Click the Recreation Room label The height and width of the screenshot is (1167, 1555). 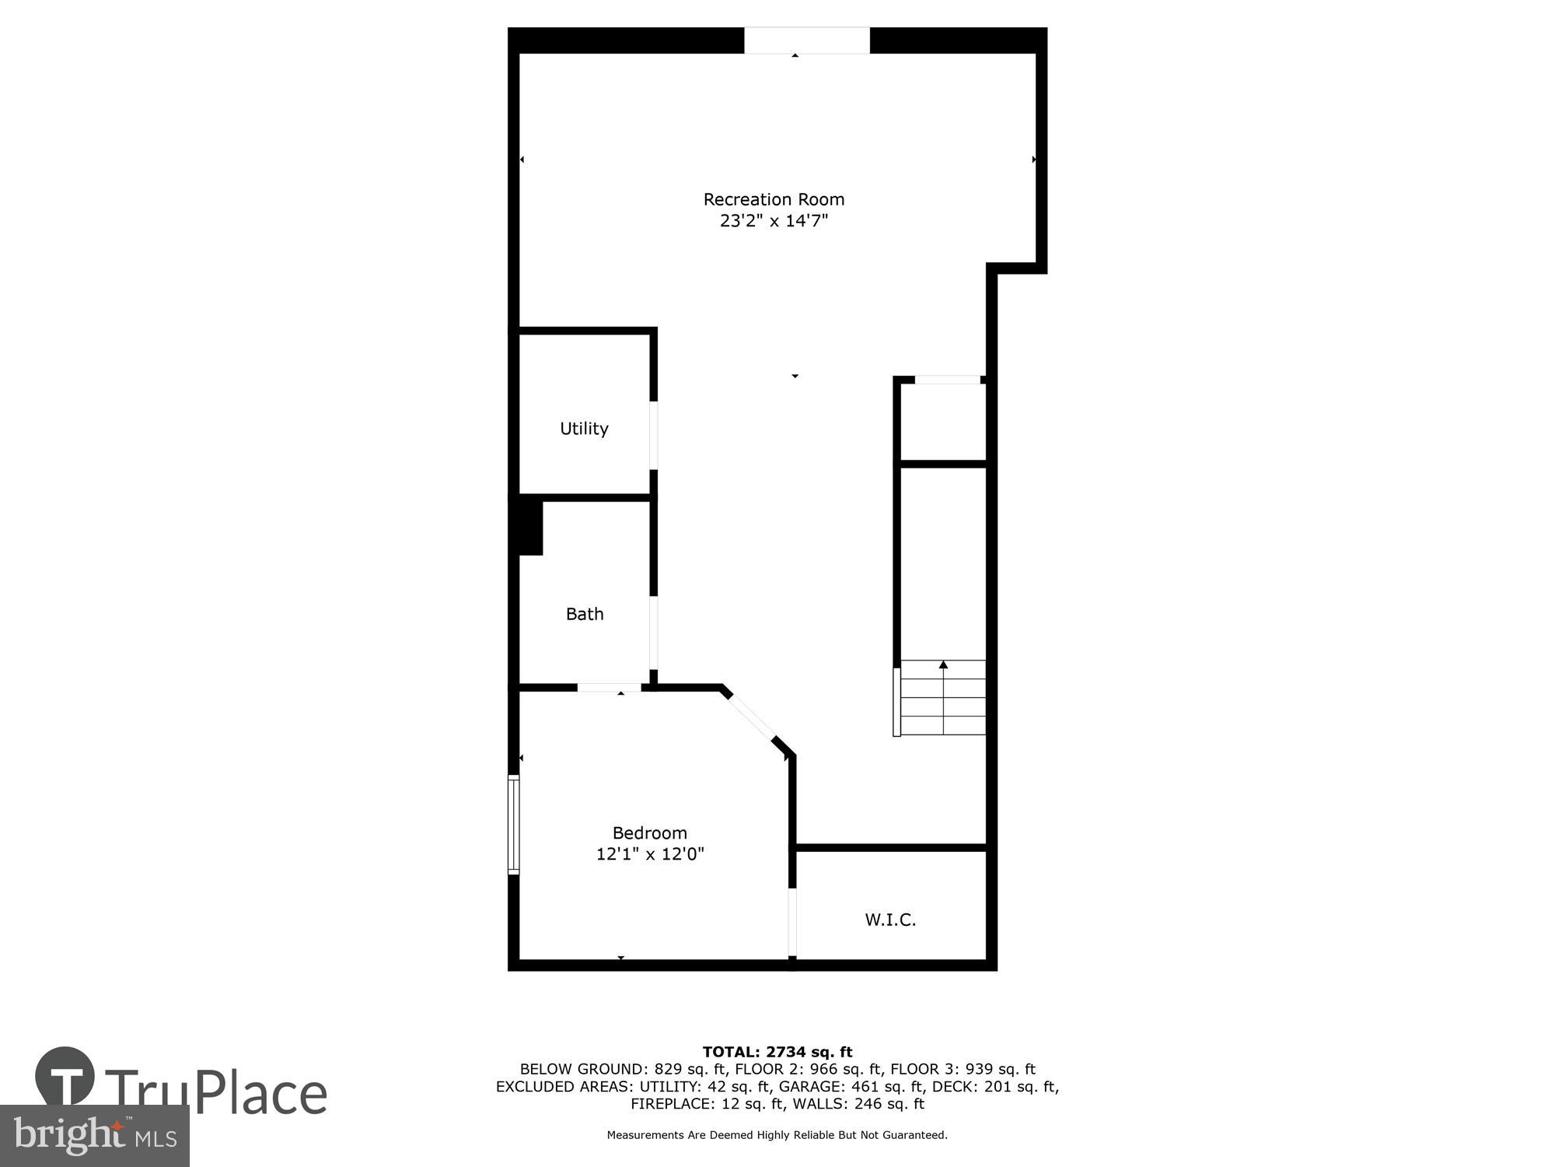774,199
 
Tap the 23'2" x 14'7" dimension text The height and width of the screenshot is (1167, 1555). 774,221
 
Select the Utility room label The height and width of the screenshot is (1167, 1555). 584,429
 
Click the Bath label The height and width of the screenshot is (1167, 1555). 585,614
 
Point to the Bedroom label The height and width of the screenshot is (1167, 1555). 649,833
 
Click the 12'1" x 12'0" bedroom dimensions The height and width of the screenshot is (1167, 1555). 649,854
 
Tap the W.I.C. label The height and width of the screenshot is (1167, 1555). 890,920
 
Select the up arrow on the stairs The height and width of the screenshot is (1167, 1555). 943,664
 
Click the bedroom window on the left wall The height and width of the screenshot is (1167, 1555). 513,824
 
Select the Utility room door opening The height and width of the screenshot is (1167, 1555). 654,435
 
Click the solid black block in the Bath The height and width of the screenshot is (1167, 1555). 530,527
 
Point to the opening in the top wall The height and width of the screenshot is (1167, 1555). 806,40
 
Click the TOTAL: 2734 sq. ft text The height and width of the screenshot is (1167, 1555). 777,1052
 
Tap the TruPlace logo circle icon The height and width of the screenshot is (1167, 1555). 65,1076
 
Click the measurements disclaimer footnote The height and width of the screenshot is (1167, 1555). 777,1135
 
